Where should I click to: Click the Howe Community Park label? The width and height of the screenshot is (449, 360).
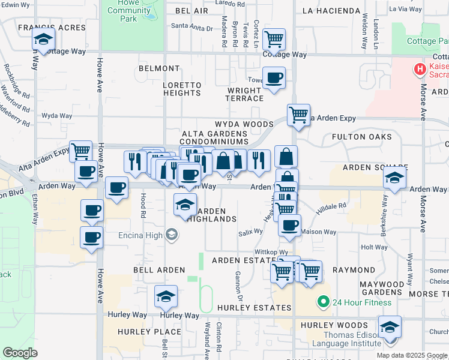(130, 11)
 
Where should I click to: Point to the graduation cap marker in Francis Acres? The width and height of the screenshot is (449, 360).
(43, 40)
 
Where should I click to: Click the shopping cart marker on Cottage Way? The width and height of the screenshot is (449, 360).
(274, 40)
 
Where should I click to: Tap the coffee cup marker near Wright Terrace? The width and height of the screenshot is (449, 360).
(274, 77)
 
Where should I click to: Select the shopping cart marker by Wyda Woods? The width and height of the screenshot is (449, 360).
(298, 114)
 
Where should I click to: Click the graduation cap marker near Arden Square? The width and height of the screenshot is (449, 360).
(394, 178)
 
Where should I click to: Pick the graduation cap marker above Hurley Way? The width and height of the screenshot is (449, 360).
(166, 296)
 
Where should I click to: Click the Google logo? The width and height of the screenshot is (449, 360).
(20, 352)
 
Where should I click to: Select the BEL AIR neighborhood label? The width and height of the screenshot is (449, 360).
(191, 11)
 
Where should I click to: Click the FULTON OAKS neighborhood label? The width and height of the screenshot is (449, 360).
(362, 137)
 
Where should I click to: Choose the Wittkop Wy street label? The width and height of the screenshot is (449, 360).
(271, 253)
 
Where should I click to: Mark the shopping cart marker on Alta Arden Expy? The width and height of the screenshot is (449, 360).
(80, 151)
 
